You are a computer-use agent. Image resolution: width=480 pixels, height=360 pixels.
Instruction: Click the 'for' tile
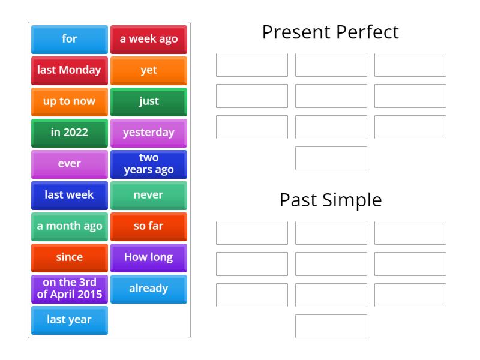69,39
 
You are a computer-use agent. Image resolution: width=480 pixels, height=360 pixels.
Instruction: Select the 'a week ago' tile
149,39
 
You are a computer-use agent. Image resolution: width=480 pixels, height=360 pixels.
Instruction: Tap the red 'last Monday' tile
69,70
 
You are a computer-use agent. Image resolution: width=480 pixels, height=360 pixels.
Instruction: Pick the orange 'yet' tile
149,70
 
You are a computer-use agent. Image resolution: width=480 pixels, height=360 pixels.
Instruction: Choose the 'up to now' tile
69,101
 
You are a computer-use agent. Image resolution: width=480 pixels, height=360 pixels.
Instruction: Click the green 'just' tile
149,101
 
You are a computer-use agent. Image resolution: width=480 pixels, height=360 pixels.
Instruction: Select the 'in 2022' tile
69,133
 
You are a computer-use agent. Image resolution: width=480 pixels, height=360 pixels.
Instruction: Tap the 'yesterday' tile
149,133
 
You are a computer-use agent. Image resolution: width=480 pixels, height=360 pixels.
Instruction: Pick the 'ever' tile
69,164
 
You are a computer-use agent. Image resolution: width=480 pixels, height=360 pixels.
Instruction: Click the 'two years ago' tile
149,164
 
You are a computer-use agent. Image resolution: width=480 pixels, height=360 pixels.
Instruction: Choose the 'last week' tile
69,195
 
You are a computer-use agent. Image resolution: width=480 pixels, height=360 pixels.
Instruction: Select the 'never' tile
149,195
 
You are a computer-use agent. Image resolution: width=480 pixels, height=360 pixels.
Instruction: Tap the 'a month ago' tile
69,226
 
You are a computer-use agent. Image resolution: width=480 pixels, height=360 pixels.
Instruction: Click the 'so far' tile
149,226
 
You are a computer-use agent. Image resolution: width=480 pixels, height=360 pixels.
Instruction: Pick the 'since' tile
69,257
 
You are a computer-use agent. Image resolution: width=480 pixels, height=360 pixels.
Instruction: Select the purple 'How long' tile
149,257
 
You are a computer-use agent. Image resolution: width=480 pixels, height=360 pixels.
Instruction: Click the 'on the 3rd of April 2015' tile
69,289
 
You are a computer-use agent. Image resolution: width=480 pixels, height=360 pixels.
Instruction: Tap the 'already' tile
149,289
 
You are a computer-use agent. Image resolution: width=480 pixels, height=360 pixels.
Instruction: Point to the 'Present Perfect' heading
331,32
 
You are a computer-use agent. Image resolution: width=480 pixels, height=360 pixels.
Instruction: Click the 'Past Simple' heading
331,200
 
